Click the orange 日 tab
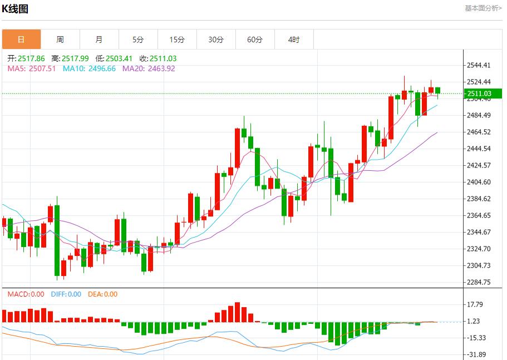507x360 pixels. click(21, 40)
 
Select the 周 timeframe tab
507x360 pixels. click(60, 40)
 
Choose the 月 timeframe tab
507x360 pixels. click(99, 40)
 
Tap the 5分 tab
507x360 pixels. click(138, 40)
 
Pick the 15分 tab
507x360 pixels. click(177, 40)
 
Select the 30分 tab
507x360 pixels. click(216, 40)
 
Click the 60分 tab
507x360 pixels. click(255, 40)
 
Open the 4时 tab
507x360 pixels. click(294, 40)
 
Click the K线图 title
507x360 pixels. click(16, 9)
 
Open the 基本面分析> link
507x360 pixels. click(483, 8)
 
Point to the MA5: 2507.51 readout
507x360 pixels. click(32, 68)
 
